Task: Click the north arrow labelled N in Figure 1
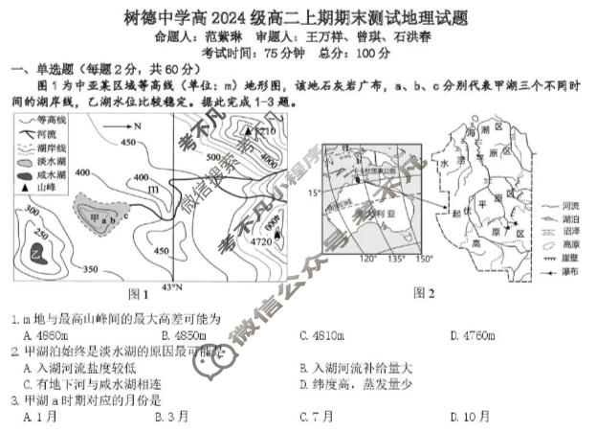(122, 125)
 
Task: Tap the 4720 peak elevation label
(261, 243)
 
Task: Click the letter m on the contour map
(153, 189)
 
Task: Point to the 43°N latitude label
(171, 287)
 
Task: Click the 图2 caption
(424, 292)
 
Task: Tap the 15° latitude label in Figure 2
(311, 193)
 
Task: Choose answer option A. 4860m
(45, 335)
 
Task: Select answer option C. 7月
(317, 416)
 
